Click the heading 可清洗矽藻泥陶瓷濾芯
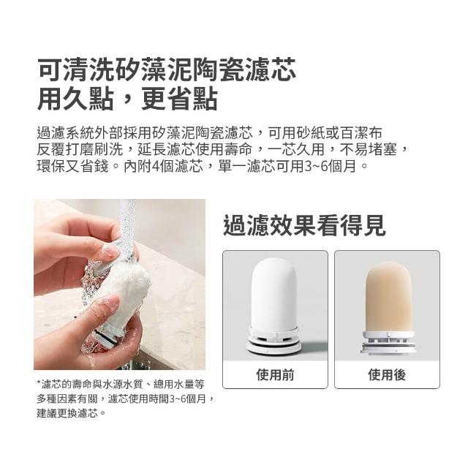click(x=167, y=69)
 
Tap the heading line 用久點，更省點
click(x=127, y=98)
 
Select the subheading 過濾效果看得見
click(x=304, y=225)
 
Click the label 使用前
click(x=275, y=375)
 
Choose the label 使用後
click(x=387, y=375)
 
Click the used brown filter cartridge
click(x=388, y=307)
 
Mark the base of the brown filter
click(x=388, y=343)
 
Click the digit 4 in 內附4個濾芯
click(x=156, y=166)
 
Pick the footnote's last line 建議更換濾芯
click(x=67, y=413)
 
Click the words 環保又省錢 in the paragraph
click(x=73, y=166)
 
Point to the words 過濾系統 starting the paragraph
click(x=66, y=133)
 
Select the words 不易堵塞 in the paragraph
click(x=369, y=149)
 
